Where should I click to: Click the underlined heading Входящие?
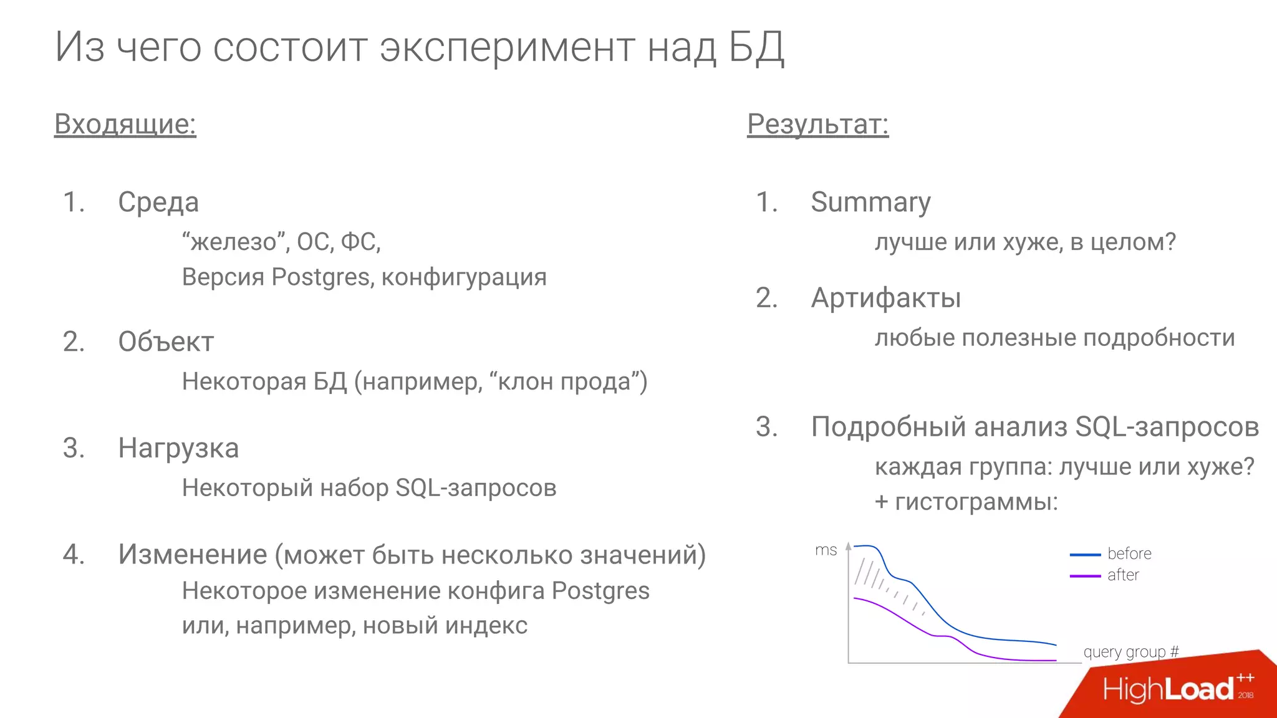pos(125,123)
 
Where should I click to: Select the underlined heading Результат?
pos(817,123)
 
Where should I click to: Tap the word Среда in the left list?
pos(158,202)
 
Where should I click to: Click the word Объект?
pos(166,342)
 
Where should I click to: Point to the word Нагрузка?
pos(178,448)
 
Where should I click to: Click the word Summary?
pos(870,202)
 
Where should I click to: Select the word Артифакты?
pos(885,298)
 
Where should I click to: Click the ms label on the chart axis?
pos(826,550)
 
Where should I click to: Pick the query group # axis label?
pos(1130,652)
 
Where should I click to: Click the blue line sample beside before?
pos(1085,554)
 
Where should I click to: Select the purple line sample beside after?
pos(1085,576)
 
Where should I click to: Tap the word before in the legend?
pos(1129,553)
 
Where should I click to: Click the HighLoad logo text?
pos(1168,689)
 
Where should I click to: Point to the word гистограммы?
pos(976,502)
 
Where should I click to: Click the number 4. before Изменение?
pos(74,554)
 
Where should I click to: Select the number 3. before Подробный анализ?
pos(766,427)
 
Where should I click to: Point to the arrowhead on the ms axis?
pos(848,546)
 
